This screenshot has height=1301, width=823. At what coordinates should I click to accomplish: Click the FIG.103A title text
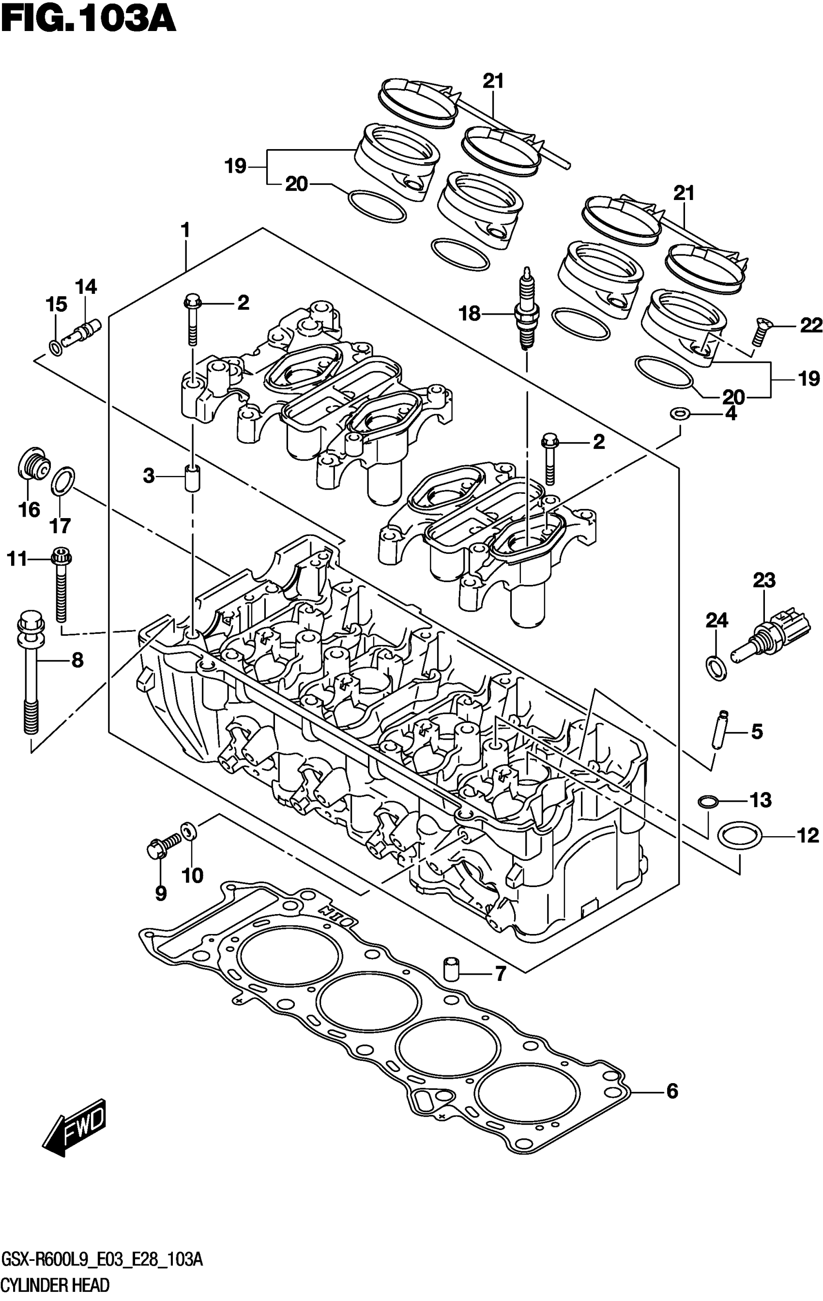click(x=89, y=19)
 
